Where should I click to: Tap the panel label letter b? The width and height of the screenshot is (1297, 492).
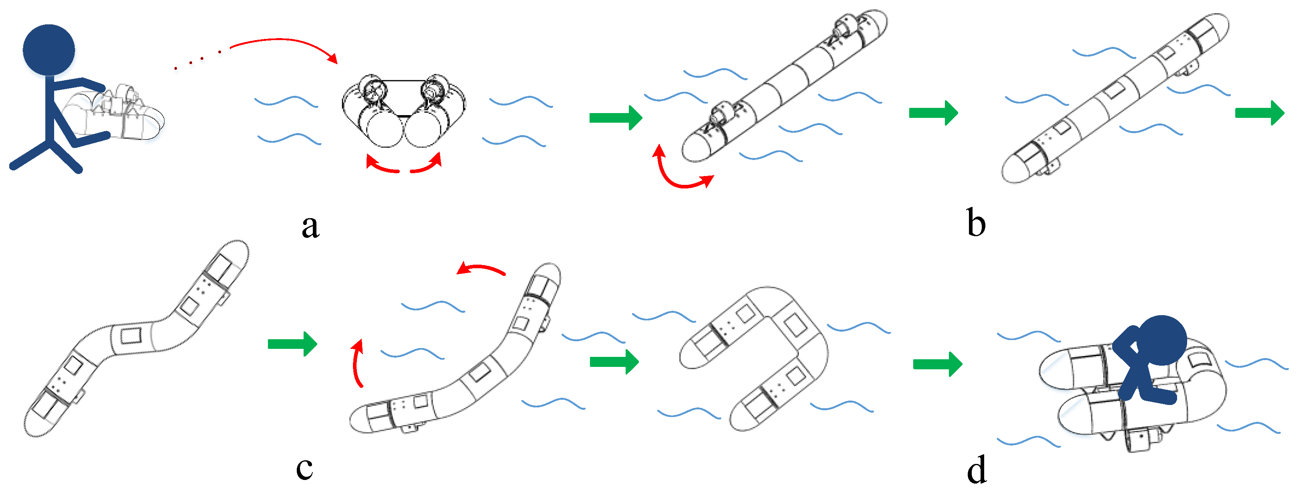click(x=976, y=223)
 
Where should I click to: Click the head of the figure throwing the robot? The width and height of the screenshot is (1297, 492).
click(x=49, y=50)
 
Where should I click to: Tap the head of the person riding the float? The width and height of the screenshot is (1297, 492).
click(x=1161, y=340)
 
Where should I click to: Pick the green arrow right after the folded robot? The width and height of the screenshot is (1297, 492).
click(x=615, y=118)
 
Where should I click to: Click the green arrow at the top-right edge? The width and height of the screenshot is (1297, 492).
click(x=1259, y=113)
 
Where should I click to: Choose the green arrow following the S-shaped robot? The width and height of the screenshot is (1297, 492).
click(x=292, y=344)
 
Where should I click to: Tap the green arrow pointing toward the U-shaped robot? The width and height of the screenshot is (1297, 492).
click(x=614, y=362)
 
